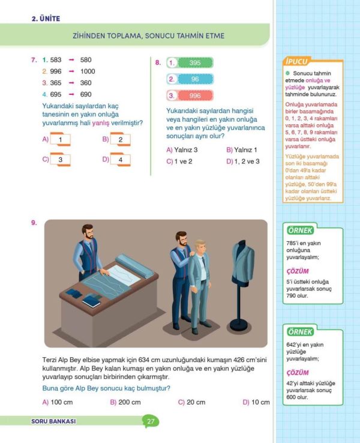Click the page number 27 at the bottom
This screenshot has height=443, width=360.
[151, 421]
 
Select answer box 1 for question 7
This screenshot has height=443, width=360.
[61, 140]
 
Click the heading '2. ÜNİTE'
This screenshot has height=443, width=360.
[46, 19]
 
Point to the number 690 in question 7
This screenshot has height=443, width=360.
[86, 94]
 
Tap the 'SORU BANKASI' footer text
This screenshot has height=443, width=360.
[53, 421]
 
